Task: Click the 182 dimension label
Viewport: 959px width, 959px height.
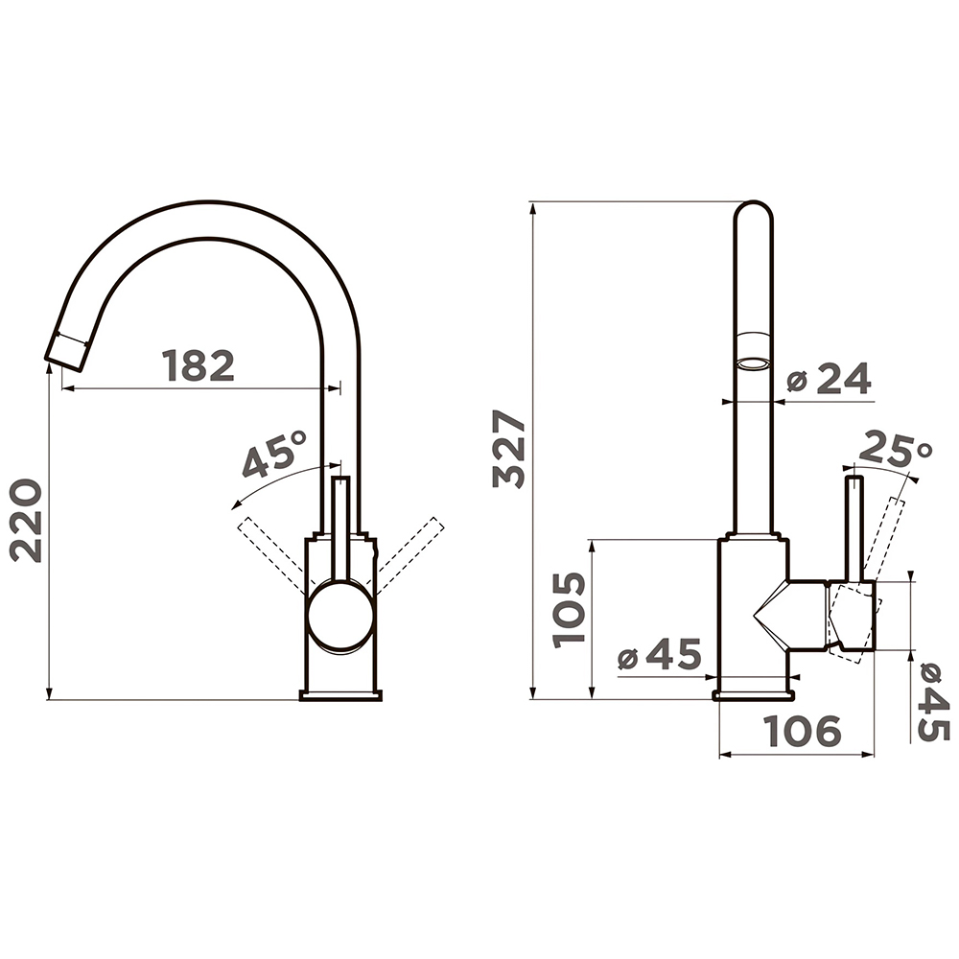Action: tap(199, 365)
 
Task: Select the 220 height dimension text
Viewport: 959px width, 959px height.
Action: tap(26, 521)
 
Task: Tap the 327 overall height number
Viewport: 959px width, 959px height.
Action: tap(509, 448)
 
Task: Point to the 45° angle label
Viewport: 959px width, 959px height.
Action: tap(273, 454)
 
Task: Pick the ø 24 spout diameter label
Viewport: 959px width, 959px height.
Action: tap(830, 379)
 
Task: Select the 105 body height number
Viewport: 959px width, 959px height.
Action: tap(569, 609)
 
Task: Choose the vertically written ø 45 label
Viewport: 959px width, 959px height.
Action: tap(934, 702)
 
